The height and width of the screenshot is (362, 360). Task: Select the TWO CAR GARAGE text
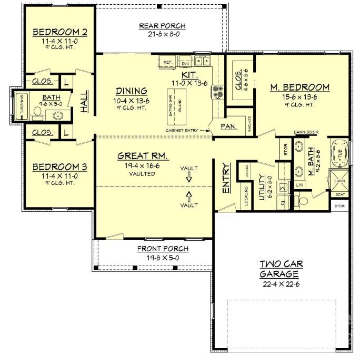click(279, 269)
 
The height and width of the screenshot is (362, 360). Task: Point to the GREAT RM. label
click(143, 156)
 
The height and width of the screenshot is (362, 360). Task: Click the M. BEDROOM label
click(300, 87)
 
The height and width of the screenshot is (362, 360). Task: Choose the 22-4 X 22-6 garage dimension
click(279, 284)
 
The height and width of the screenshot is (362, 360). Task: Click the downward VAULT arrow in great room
click(189, 179)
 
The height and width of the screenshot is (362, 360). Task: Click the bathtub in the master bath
click(339, 151)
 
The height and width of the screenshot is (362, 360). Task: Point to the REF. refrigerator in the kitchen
click(168, 62)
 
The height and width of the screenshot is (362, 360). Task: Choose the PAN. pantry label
click(228, 126)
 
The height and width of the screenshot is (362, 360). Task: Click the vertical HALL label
click(85, 101)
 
